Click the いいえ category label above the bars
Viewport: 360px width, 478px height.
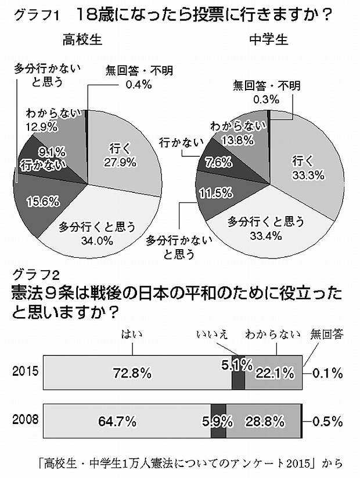[211, 334]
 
